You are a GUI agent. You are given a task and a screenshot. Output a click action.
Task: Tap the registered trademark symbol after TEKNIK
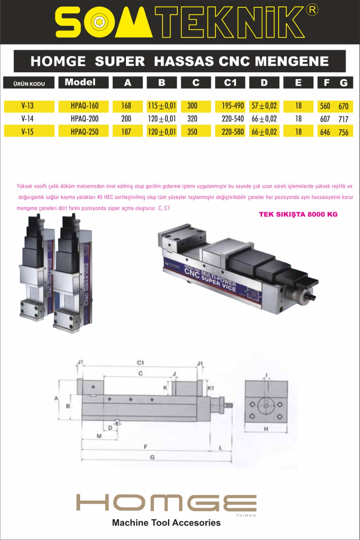click(312, 10)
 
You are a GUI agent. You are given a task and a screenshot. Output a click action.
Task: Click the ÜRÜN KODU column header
click(29, 84)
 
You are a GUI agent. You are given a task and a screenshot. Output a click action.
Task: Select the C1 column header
click(230, 83)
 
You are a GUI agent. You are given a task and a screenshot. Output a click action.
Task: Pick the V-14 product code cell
click(27, 119)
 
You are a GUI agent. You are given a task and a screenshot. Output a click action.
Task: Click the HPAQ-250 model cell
click(84, 132)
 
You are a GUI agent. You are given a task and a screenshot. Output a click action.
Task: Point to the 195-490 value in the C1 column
click(233, 105)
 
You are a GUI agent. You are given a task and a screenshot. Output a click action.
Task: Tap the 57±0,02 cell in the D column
click(264, 106)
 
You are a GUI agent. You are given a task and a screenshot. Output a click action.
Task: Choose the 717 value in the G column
click(343, 119)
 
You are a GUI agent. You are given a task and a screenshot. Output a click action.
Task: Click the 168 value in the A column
click(126, 105)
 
